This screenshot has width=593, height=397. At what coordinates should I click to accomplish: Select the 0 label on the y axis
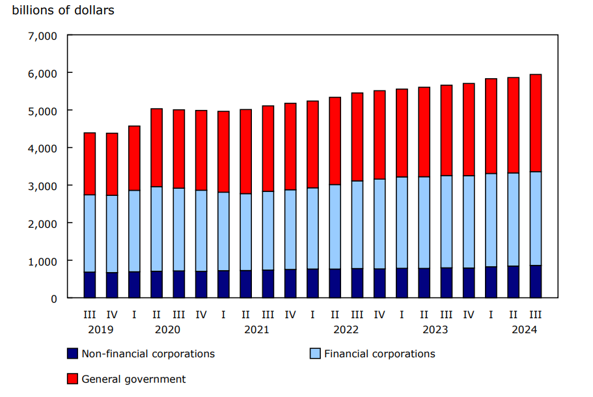pos(54,299)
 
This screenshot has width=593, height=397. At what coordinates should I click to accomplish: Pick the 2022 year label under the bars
pos(346,330)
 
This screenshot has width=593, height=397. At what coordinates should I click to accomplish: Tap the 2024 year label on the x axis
pos(524,330)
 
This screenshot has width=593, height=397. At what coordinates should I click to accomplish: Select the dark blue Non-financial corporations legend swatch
pos(73,354)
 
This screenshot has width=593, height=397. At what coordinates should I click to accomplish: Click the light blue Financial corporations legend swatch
pos(315,354)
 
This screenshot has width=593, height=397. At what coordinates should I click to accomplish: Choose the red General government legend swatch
pos(73,379)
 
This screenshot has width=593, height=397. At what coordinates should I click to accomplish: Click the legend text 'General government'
pos(133,379)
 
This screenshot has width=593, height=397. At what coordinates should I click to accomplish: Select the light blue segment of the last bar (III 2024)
pos(536,218)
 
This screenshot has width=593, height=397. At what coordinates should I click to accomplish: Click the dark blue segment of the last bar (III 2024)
pos(536,281)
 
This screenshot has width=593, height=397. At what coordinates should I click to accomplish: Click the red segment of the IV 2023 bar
pos(469,130)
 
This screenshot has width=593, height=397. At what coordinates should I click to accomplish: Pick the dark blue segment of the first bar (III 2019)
pos(90,285)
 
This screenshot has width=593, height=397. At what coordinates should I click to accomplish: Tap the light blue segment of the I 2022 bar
pos(313,228)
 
